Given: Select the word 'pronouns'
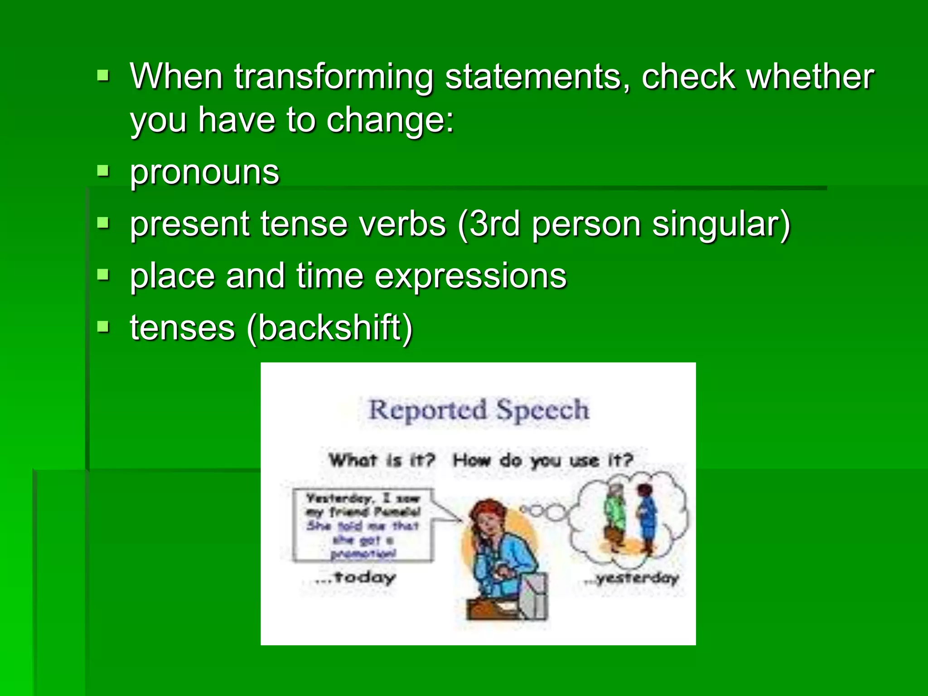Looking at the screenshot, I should coord(204,173).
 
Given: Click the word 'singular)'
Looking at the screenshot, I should coord(721,225).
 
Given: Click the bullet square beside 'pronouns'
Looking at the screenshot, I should coord(103,172).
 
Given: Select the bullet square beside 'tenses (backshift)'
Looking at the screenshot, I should coord(103,326).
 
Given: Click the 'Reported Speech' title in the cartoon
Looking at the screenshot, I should coord(478,410).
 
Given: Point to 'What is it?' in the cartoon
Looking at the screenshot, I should coord(382,460).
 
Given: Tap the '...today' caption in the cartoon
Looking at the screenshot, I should coord(355,577).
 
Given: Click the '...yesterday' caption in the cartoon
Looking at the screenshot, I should coord(631,578).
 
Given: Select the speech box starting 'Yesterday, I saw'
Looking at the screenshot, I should coord(362,525).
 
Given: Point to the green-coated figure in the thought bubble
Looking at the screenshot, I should coord(615,517).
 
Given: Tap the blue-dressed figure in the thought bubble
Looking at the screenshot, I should coord(646,517).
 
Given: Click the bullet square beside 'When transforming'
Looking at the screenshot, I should coord(103,75).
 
